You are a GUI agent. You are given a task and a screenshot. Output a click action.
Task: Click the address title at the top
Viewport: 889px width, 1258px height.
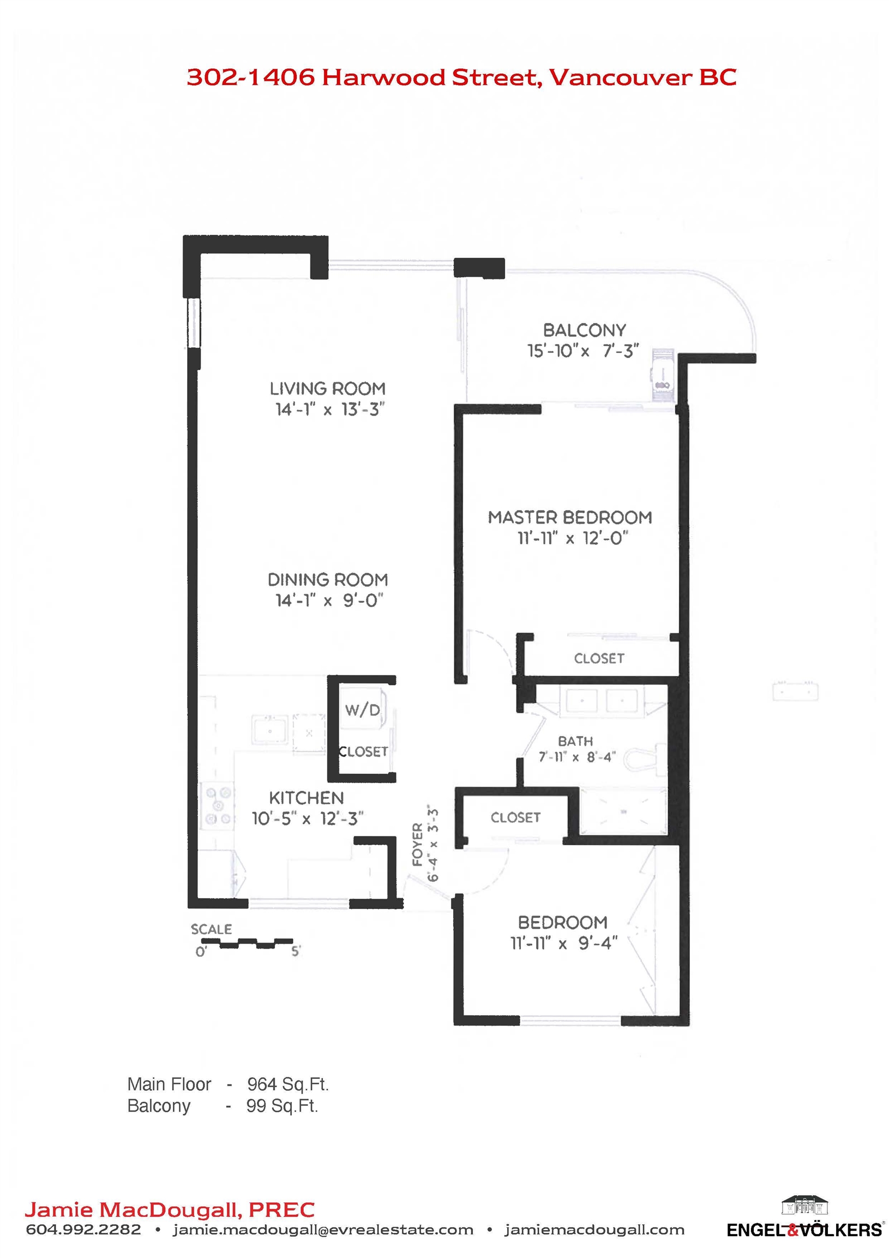pyautogui.click(x=461, y=77)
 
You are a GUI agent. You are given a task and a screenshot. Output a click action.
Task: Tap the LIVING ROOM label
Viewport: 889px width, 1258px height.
pyautogui.click(x=327, y=389)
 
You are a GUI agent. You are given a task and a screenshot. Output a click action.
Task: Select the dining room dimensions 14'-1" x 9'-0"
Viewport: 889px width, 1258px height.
pyautogui.click(x=329, y=601)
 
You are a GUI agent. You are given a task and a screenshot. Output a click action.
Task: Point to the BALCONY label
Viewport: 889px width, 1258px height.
pyautogui.click(x=584, y=330)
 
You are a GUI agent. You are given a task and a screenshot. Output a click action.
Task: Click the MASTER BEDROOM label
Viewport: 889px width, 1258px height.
pyautogui.click(x=570, y=518)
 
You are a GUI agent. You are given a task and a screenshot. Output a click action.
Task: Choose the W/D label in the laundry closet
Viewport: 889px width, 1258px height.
pyautogui.click(x=362, y=710)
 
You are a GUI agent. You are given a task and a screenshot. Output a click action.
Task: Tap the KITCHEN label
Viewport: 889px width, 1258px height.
pyautogui.click(x=306, y=798)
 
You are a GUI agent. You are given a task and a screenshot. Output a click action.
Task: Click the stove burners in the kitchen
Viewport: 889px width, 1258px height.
pyautogui.click(x=218, y=806)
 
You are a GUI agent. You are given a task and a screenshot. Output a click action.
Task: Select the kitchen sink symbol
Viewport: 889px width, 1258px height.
pyautogui.click(x=269, y=731)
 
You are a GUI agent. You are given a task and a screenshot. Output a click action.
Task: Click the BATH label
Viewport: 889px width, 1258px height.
pyautogui.click(x=575, y=741)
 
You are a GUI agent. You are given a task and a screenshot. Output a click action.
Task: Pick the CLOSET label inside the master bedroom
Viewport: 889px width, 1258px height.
pyautogui.click(x=599, y=658)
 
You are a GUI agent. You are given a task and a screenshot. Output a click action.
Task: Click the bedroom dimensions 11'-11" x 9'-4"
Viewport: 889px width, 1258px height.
pyautogui.click(x=564, y=943)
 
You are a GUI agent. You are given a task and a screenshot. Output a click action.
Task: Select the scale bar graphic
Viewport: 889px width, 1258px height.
pyautogui.click(x=247, y=943)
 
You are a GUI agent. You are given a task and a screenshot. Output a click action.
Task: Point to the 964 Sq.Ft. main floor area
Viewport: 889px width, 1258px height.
pyautogui.click(x=288, y=1084)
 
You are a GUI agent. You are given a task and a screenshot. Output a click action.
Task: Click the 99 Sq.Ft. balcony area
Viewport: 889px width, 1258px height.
pyautogui.click(x=282, y=1106)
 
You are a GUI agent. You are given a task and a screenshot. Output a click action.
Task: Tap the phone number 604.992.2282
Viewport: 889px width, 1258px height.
pyautogui.click(x=83, y=1230)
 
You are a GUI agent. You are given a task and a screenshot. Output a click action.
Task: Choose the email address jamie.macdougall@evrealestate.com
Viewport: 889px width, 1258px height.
pyautogui.click(x=323, y=1231)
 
